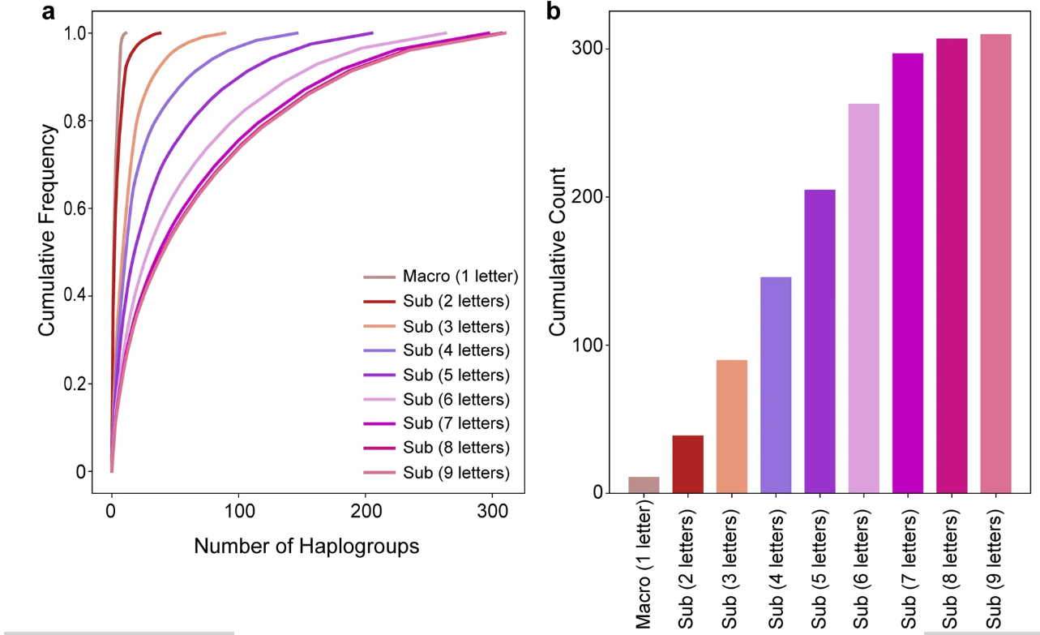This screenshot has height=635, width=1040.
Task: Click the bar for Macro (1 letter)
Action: tap(644, 484)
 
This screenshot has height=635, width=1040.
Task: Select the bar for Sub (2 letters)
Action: tap(687, 464)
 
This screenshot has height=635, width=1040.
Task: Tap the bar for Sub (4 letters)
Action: tap(776, 384)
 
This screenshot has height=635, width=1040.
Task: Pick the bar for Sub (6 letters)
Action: tap(863, 298)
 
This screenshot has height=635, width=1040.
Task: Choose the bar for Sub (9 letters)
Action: tap(995, 263)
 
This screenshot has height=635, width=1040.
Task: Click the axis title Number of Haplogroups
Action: tap(306, 546)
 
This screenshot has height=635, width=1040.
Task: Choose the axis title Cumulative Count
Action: tap(558, 251)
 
